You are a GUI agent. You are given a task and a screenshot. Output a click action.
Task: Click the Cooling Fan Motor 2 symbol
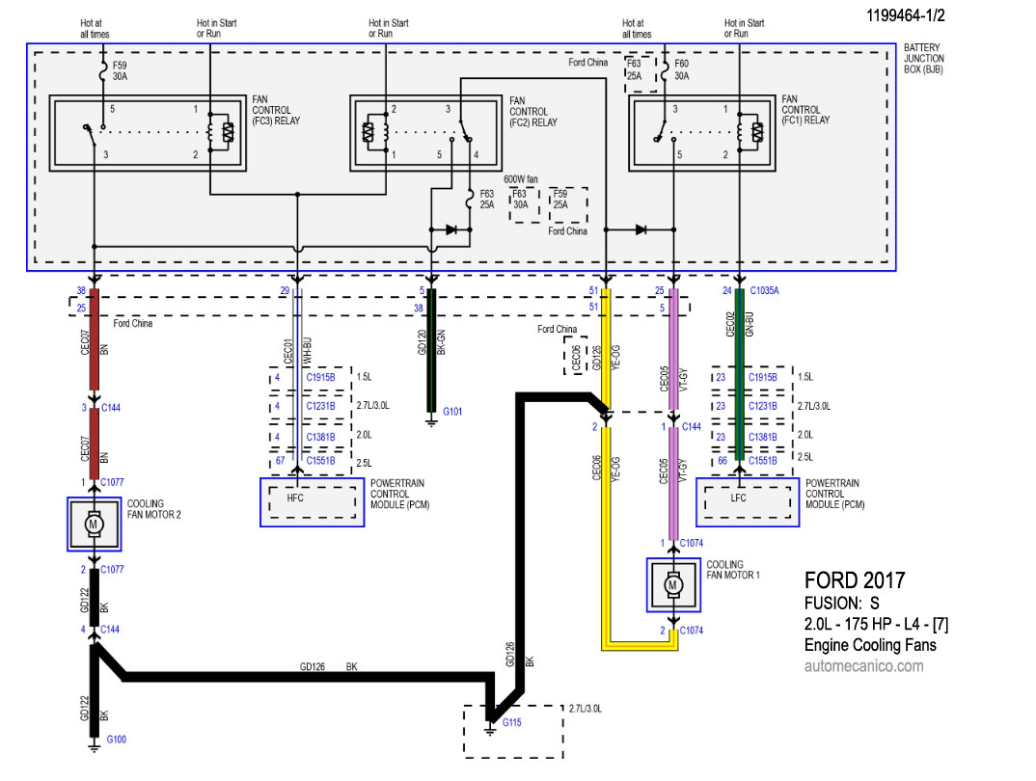(x=94, y=525)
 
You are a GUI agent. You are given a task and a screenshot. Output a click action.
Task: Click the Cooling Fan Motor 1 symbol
(x=673, y=585)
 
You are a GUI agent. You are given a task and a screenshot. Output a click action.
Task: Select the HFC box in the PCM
(x=312, y=502)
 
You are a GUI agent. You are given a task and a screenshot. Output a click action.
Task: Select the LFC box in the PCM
(x=748, y=502)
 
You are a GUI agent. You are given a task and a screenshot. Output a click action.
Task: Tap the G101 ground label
(x=452, y=412)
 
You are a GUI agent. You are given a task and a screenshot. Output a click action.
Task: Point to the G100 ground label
(x=117, y=740)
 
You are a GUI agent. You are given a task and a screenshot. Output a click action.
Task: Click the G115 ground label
(x=512, y=722)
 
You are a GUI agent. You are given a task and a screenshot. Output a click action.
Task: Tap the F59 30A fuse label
(x=120, y=70)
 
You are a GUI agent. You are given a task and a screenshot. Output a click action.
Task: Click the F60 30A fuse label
(x=681, y=69)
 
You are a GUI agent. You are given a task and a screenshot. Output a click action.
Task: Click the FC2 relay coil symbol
(x=374, y=132)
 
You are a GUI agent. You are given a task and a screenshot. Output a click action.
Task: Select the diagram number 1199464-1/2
(x=905, y=15)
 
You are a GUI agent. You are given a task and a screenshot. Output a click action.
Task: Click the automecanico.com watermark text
(x=863, y=665)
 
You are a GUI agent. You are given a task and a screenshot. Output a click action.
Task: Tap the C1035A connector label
(x=764, y=290)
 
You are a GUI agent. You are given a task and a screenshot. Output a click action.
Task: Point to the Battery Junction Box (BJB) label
(x=924, y=58)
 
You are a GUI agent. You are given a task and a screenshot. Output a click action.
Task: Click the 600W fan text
(x=521, y=179)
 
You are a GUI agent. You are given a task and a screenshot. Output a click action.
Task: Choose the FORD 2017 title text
(x=855, y=580)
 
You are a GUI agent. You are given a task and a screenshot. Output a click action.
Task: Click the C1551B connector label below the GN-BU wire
(x=762, y=461)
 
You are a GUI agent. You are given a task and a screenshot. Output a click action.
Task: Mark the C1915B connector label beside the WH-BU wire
(x=320, y=378)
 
